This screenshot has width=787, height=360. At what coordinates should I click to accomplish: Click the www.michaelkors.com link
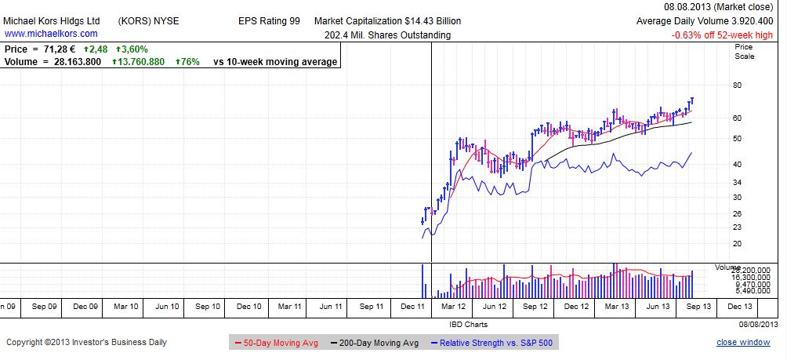coord(51,34)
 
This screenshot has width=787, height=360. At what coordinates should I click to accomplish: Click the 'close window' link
coord(743,343)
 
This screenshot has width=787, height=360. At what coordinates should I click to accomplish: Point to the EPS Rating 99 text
coord(269,21)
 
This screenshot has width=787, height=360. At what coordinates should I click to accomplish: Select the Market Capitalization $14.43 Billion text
coord(387,21)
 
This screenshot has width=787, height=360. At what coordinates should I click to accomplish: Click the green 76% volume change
coord(188,61)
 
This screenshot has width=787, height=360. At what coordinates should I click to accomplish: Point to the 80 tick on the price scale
coord(737,85)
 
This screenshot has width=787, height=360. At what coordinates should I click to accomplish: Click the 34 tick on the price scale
coord(737,181)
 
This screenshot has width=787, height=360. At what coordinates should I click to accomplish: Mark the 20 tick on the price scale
coord(737,242)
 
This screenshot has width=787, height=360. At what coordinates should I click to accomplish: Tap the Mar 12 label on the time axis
coord(455,307)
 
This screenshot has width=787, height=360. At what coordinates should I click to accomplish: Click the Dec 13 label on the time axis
coord(739,307)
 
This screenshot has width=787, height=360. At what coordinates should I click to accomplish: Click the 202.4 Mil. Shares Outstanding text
coord(387,35)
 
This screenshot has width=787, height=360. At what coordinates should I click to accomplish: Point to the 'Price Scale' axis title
coord(744,52)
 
